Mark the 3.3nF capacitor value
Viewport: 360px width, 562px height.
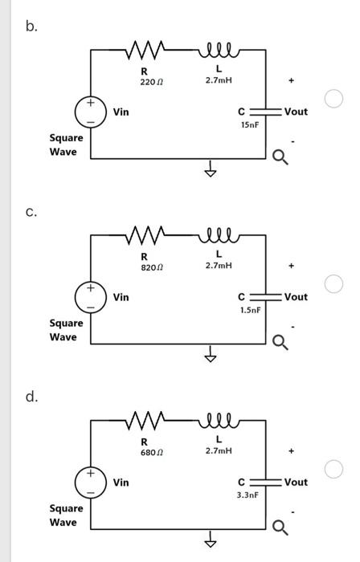click(247, 495)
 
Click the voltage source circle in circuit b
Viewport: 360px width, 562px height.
click(90, 112)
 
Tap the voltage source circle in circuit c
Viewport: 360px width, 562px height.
click(90, 297)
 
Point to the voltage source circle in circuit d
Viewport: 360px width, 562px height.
click(90, 483)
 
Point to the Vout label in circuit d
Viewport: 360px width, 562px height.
click(296, 483)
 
